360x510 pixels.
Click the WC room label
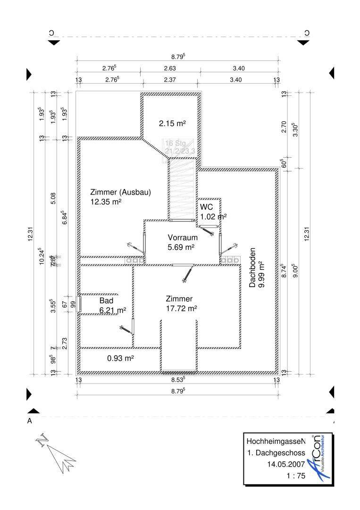coord(206,207)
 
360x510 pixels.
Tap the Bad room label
coord(106,300)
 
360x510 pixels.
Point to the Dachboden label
coord(252,268)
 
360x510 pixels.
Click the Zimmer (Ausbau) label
coord(120,192)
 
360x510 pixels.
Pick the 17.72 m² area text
coord(181,308)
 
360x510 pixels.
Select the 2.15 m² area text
coord(172,123)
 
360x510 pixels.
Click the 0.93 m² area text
coord(120,358)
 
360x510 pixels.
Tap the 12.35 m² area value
coord(106,202)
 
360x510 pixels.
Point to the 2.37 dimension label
coord(170,80)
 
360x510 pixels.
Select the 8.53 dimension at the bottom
coord(178,379)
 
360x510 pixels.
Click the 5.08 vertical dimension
coord(53,198)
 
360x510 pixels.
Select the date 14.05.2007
coord(286,465)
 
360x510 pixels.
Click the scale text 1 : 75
coord(296,476)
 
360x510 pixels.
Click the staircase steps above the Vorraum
coord(182,189)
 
